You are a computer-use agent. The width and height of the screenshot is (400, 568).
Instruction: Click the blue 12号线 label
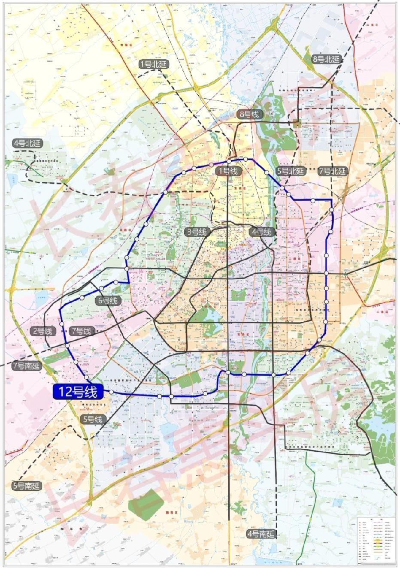click(x=78, y=391)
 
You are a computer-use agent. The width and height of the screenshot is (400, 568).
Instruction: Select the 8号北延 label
click(x=326, y=59)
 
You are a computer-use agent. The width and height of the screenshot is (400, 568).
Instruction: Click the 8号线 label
click(x=250, y=114)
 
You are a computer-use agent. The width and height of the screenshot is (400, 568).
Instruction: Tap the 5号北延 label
click(x=291, y=171)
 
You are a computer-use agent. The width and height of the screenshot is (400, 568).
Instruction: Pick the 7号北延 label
click(x=333, y=171)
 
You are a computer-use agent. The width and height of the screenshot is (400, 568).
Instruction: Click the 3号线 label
click(x=196, y=232)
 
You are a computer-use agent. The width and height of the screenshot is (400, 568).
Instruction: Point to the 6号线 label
click(x=108, y=301)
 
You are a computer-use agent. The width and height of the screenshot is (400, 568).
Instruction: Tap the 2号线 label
click(x=42, y=331)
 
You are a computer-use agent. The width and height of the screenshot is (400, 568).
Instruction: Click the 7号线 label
click(x=82, y=331)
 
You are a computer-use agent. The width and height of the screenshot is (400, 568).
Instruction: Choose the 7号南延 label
click(x=26, y=366)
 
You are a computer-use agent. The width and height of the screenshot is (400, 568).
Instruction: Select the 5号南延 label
click(x=26, y=486)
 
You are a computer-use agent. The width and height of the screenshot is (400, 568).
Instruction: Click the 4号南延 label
click(x=261, y=534)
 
